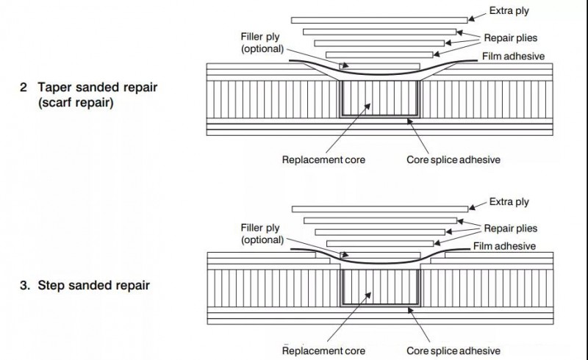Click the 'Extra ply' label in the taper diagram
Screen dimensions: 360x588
509,11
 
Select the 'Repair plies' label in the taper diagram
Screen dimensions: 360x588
512,37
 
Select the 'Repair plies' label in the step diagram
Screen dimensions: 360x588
511,228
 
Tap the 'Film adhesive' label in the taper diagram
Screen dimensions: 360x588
514,56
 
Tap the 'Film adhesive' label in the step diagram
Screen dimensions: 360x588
504,246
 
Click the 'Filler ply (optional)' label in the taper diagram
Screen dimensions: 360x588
262,43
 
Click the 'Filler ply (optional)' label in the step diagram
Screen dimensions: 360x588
262,234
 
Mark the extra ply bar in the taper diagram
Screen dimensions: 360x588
379,19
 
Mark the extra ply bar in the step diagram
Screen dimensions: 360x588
379,209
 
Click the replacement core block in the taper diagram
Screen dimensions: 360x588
379,98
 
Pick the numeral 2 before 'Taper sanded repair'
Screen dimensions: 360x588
24,87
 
